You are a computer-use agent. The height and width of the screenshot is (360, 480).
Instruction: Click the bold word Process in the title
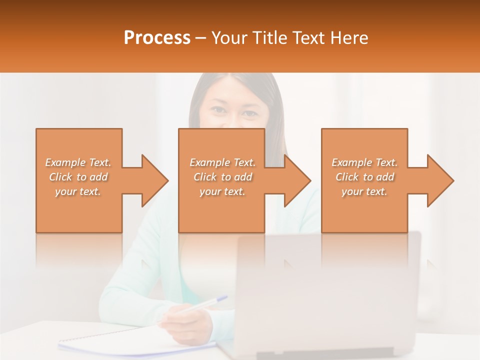pyautogui.click(x=157, y=38)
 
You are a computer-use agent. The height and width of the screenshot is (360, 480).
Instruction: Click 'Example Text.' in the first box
pyautogui.click(x=78, y=162)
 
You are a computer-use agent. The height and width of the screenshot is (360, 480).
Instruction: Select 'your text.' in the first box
pyautogui.click(x=78, y=191)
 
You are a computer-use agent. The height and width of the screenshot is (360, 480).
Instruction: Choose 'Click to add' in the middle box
pyautogui.click(x=222, y=177)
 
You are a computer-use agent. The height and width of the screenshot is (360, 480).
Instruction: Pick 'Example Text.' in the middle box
pyautogui.click(x=222, y=162)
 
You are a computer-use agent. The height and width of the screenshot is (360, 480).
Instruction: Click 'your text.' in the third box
pyautogui.click(x=364, y=191)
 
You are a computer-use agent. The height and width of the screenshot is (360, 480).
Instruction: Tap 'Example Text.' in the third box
pyautogui.click(x=364, y=162)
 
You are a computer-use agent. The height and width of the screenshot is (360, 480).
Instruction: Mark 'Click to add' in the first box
pyautogui.click(x=78, y=177)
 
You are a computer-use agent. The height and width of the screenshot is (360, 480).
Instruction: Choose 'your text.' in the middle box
pyautogui.click(x=222, y=191)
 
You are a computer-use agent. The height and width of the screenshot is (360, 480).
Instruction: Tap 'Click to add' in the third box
pyautogui.click(x=364, y=177)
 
